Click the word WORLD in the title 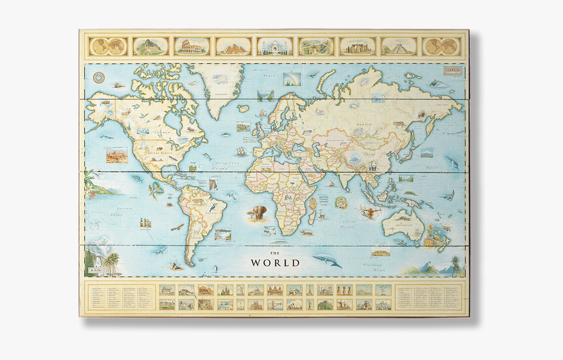coord(275,262)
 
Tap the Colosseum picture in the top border coord(192,46)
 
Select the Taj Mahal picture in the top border coord(274,46)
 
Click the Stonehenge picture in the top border coord(357,46)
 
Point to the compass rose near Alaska coord(100,77)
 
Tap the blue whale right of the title coord(327,261)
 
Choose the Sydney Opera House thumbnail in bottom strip coord(295,304)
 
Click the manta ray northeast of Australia coord(447,194)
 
